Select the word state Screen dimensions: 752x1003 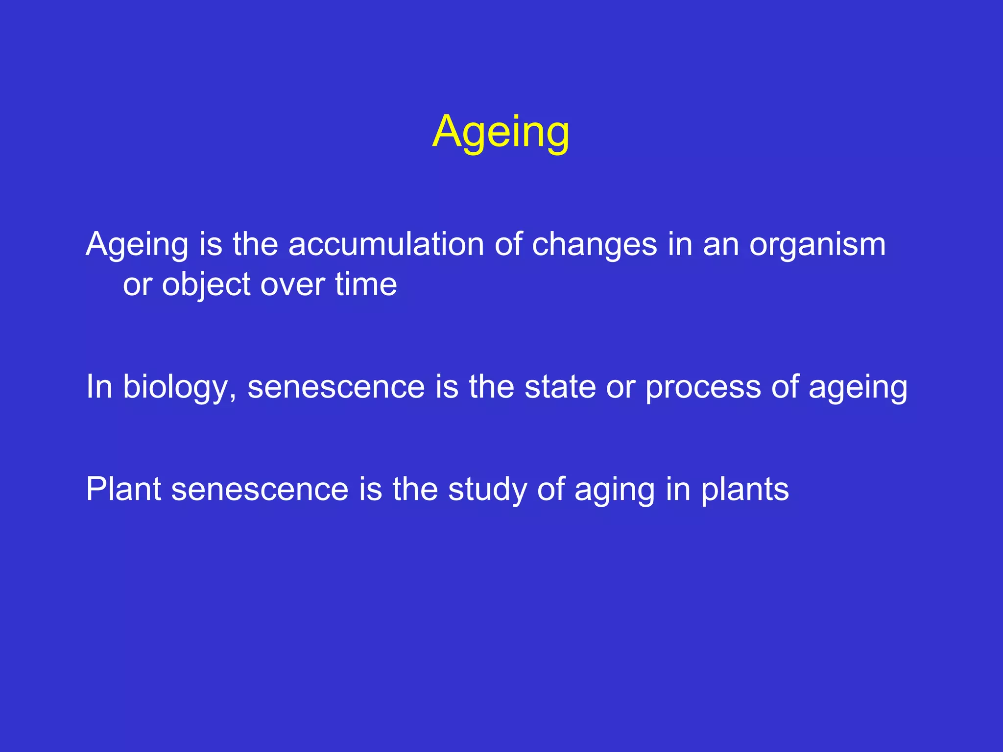coord(560,387)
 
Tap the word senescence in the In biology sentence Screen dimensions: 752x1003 coord(336,387)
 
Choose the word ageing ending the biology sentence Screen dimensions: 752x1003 coord(858,387)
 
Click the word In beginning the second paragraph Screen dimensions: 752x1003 coord(99,387)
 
